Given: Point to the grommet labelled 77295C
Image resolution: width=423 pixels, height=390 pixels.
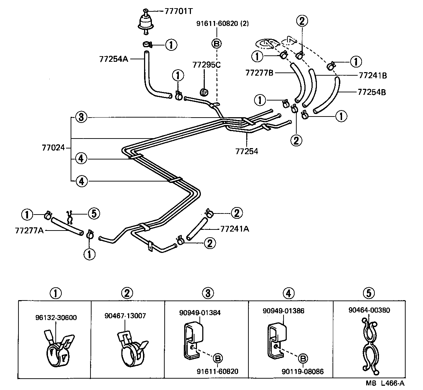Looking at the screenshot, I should coord(204,92).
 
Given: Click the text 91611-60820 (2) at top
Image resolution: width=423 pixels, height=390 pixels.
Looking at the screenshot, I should coord(223,24).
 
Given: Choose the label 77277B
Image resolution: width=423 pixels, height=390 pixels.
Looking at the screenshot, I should coord(259,73).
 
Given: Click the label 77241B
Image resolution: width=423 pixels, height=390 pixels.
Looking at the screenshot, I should coord(373,75).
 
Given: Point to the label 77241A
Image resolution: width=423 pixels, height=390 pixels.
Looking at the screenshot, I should coord(235,229).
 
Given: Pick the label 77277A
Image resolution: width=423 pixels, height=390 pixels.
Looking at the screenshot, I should coord(29,231).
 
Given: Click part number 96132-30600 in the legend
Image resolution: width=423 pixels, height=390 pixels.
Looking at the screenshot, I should coord(56,318).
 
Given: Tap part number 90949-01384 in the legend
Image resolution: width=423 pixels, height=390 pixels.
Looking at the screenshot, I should coord(200,313).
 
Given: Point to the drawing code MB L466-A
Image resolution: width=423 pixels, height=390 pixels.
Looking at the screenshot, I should coord(385,384).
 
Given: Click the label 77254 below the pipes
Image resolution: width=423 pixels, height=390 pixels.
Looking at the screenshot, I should coord(247,151).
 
